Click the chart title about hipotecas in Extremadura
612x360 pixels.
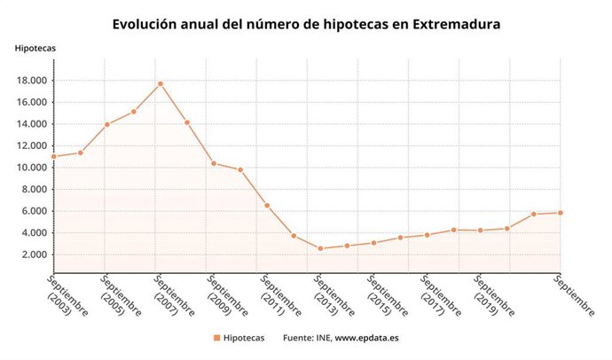[306, 24]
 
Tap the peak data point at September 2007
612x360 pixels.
[161, 83]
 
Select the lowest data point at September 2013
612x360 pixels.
[320, 248]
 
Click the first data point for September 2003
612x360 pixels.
[54, 156]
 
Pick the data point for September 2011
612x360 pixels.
[267, 206]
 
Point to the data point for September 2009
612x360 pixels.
[214, 163]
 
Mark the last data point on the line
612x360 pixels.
[561, 212]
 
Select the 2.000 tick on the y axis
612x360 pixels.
[33, 254]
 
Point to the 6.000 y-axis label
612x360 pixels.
[33, 211]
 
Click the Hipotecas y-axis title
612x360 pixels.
[34, 47]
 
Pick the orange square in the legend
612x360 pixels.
[216, 338]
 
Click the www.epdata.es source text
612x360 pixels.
[365, 338]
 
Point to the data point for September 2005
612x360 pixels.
[107, 124]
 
